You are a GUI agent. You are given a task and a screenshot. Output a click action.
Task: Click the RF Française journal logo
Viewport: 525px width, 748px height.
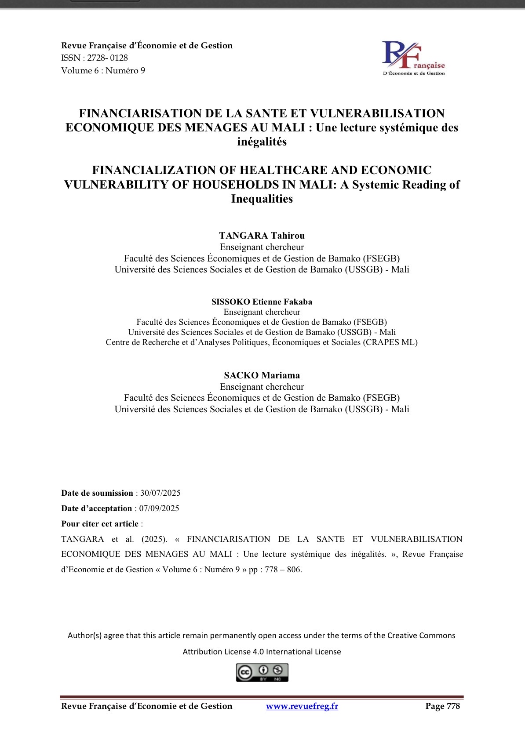point(413,58)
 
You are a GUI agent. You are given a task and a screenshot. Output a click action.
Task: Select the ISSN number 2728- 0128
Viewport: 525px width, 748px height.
point(107,58)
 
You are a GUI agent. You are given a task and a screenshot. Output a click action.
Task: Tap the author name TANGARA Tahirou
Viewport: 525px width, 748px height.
point(262,236)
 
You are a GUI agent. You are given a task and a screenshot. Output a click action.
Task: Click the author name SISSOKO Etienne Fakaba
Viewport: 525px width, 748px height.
point(262,302)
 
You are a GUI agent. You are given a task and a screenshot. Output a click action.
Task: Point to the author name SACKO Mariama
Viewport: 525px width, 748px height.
point(262,375)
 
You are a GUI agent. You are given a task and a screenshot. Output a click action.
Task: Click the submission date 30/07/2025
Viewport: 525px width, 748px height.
point(160,493)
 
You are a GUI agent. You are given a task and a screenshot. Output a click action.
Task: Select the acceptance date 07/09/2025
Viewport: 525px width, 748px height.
point(159,508)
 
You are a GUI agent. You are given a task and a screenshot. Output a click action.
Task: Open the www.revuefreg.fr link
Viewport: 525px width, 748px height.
point(302,706)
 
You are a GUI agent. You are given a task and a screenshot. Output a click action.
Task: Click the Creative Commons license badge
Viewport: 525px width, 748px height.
point(262,672)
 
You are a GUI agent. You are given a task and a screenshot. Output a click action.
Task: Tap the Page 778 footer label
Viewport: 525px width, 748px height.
point(442,706)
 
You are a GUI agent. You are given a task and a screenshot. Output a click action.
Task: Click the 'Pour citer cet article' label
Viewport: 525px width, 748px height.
point(100,524)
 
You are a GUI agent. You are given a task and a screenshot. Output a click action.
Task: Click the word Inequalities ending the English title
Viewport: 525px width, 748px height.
point(262,199)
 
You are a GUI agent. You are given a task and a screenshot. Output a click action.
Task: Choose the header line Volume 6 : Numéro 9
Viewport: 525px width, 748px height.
point(103,71)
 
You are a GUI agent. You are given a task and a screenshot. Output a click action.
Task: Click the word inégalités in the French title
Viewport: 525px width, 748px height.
point(262,142)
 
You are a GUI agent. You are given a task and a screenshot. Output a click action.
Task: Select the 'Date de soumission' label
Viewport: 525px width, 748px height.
point(97,493)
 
